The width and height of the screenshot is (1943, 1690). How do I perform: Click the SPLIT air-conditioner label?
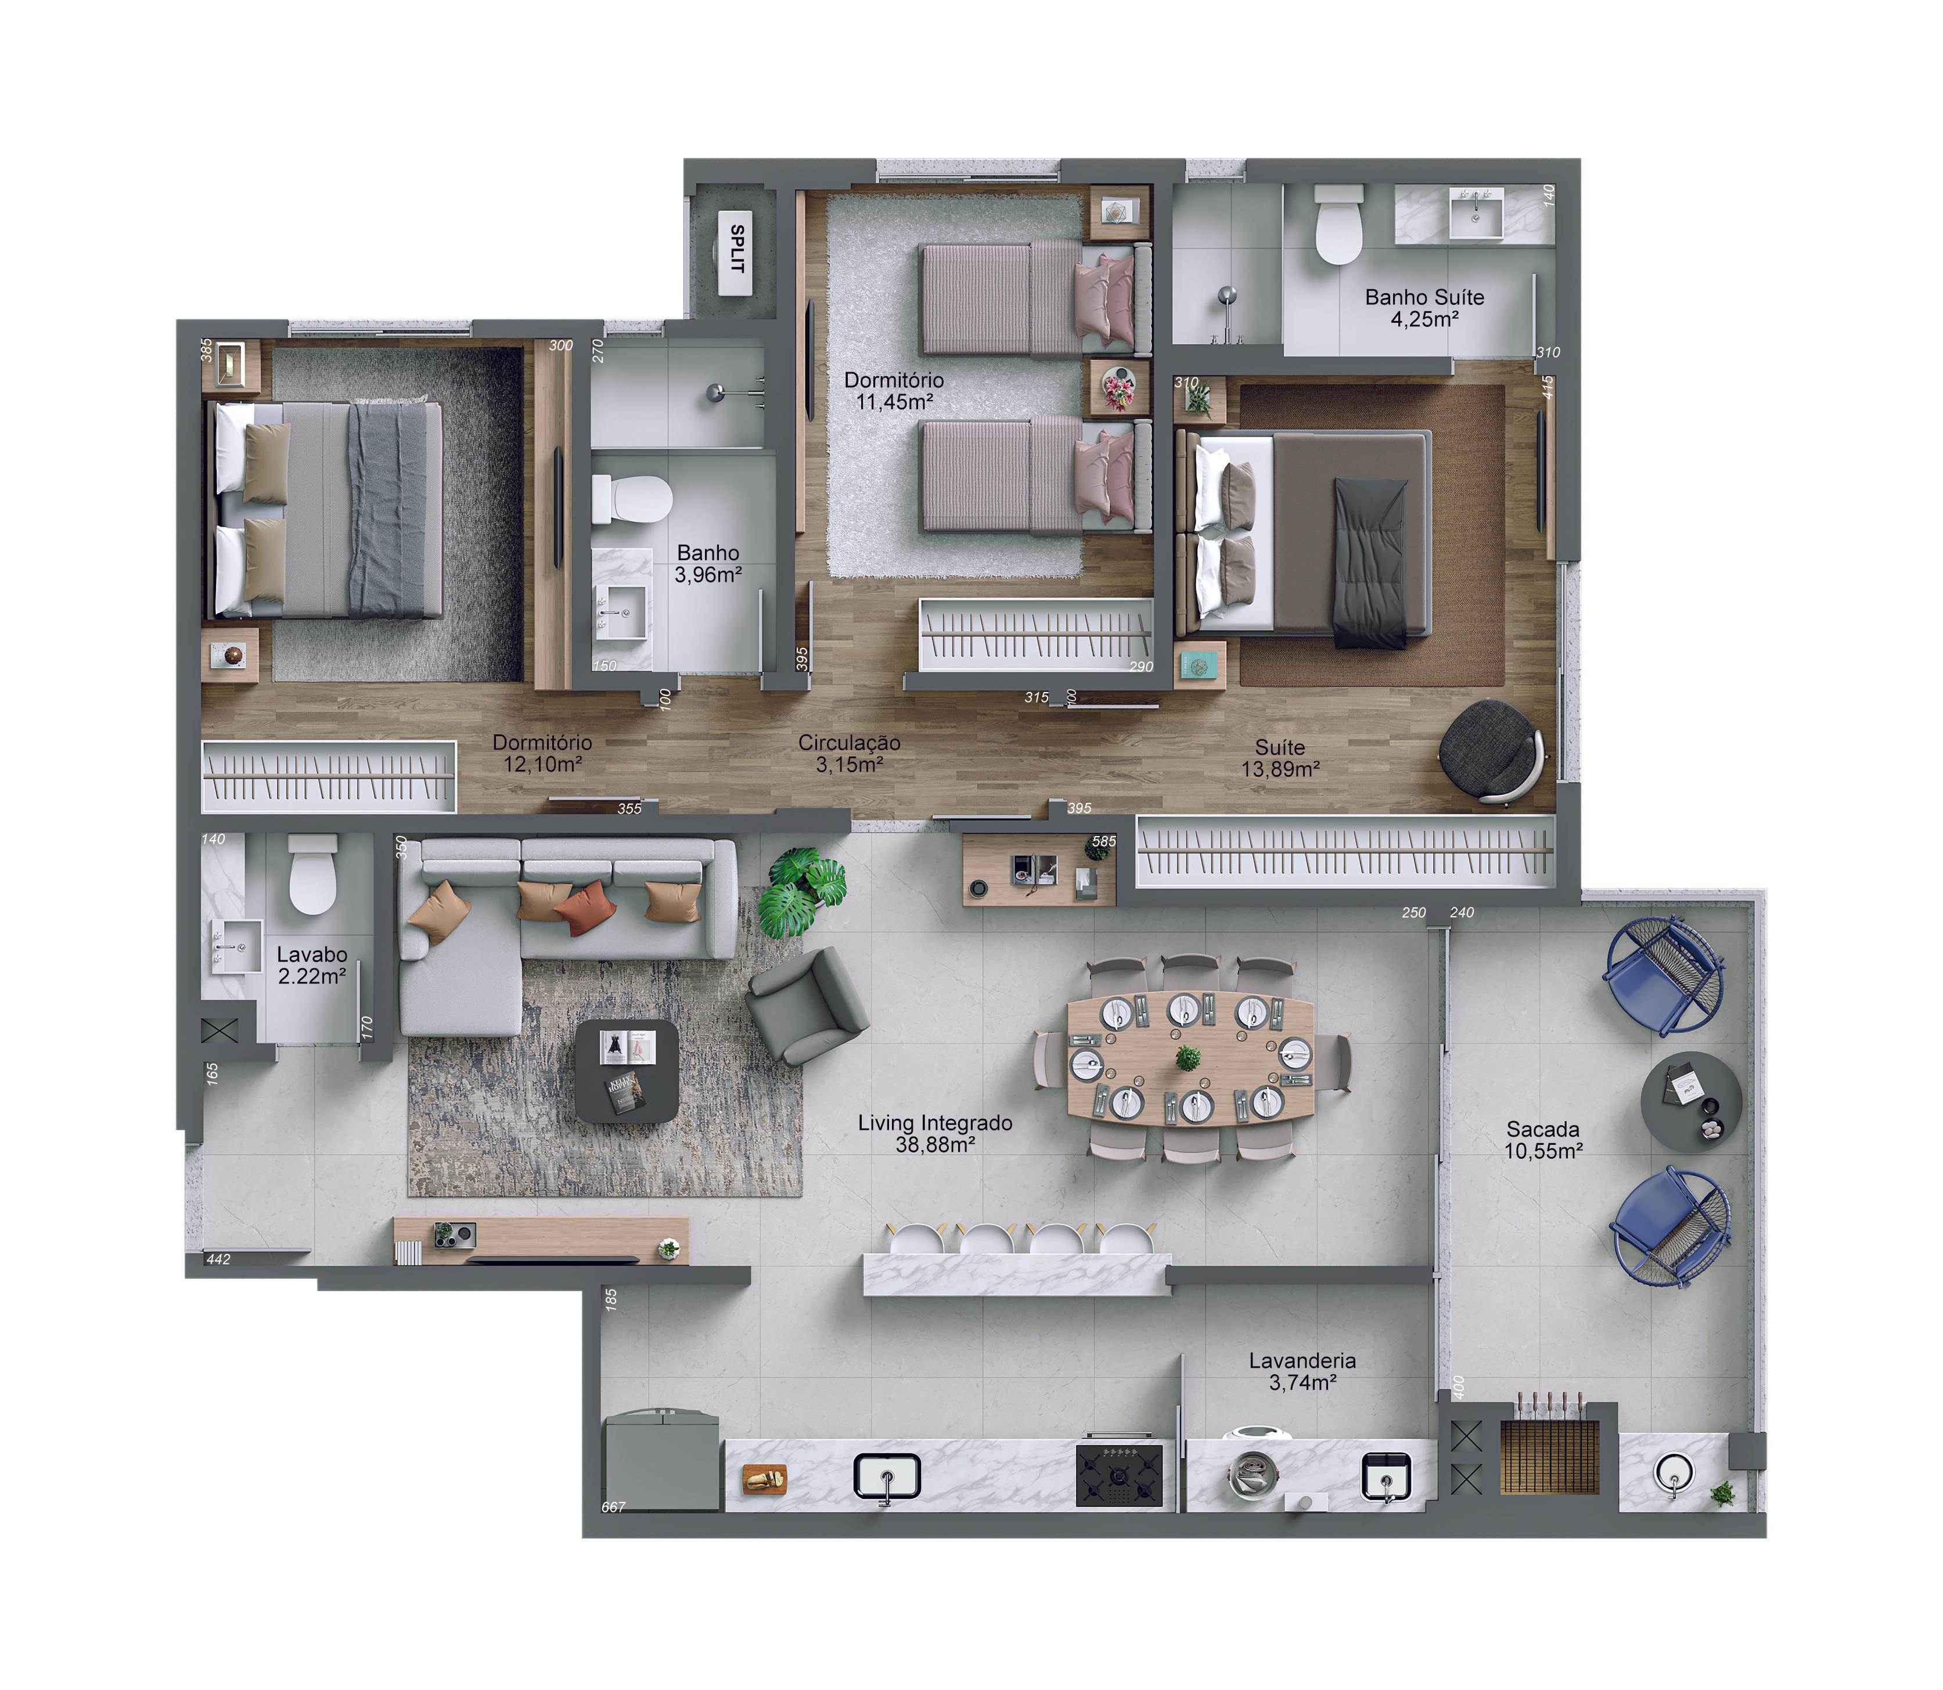(737, 249)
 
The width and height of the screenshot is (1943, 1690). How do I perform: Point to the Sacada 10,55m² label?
(1543, 1139)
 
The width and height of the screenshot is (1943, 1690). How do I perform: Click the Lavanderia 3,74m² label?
(1302, 1371)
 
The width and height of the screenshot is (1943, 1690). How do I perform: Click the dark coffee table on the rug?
(627, 1071)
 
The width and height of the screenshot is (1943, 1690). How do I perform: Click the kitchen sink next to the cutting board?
(887, 1476)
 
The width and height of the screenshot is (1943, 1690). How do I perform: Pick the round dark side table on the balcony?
(1691, 1101)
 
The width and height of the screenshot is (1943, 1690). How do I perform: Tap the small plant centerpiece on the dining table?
(1189, 1058)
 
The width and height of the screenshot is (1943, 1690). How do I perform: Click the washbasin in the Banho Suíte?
(1474, 214)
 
